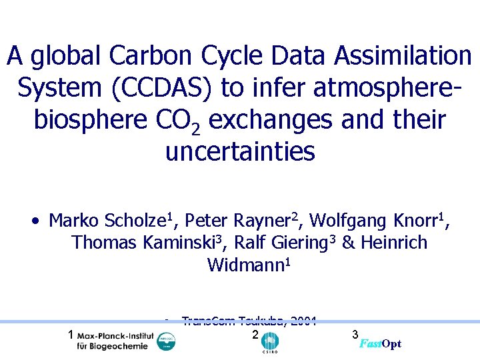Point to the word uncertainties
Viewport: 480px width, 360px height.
coord(239,152)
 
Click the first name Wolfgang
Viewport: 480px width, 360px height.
coord(347,220)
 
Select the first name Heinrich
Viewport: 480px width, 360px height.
coord(393,243)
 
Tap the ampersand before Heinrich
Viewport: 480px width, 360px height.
coord(348,243)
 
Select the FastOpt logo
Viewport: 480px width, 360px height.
coord(381,343)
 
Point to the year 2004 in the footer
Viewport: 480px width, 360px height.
coord(303,320)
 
